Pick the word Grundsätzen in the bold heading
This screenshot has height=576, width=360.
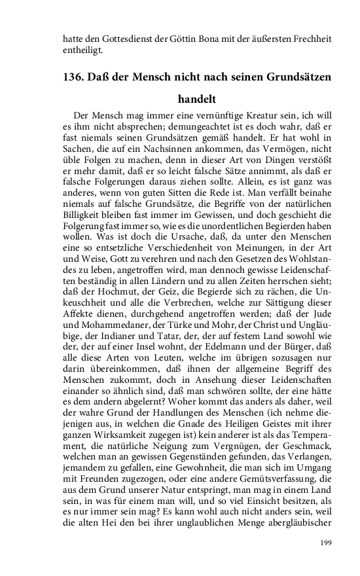(295, 77)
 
